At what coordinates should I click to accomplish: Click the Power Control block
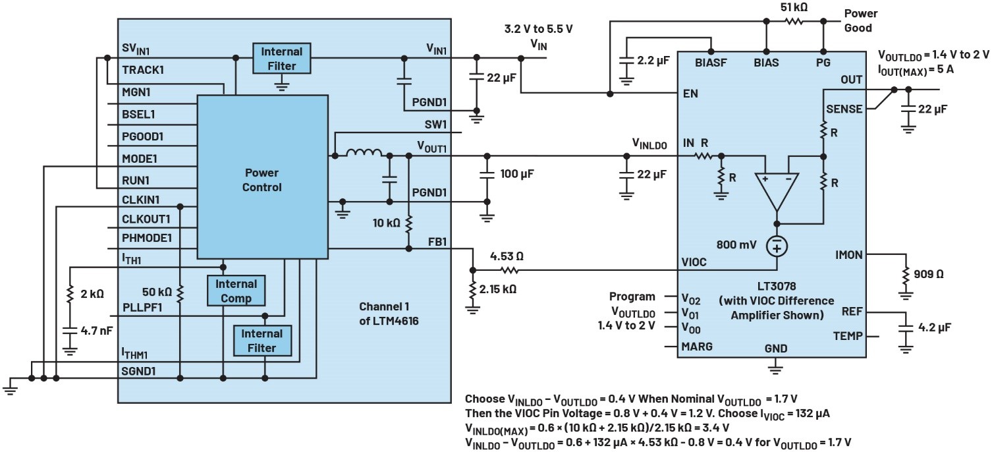pos(262,180)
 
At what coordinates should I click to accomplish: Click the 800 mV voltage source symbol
pos(777,246)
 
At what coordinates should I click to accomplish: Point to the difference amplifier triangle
pos(777,190)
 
